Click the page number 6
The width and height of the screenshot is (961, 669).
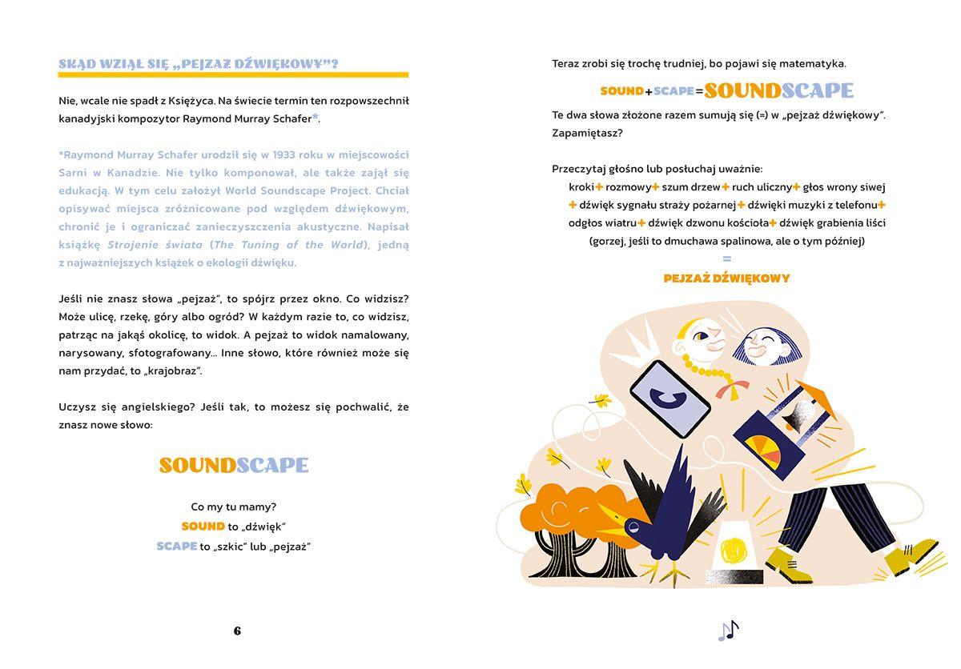pos(237,631)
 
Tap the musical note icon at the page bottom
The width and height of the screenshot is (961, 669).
pos(728,631)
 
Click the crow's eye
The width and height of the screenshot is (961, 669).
pos(633,527)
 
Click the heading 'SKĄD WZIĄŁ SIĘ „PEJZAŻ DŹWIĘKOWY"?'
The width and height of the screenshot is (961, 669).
pos(198,64)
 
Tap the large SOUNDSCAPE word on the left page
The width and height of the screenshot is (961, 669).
pos(233,465)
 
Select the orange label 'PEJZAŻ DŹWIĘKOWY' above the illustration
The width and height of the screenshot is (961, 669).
pos(726,278)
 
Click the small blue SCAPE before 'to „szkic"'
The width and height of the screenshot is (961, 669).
pos(177,547)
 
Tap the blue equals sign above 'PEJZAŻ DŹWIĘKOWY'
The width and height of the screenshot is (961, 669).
pos(726,258)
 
